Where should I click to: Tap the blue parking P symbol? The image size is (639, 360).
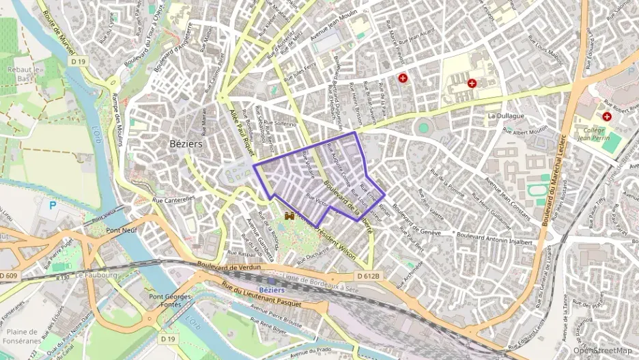tap(53, 205)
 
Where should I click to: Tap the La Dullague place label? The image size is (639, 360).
tap(506, 116)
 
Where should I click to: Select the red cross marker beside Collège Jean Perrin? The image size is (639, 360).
tap(606, 117)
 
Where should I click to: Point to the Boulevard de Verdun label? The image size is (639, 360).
tap(228, 266)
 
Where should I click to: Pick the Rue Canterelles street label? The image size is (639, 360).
tap(173, 199)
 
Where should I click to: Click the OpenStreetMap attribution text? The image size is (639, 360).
tap(602, 351)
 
